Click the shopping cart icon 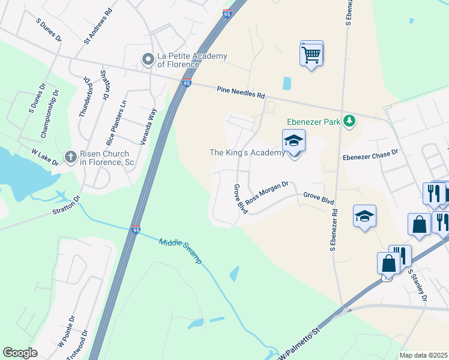pos(311,55)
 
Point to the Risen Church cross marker pos(70,157)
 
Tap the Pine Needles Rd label pos(240,92)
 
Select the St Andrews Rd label pos(98,27)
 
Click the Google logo pos(20,353)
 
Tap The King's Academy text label pos(247,153)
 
